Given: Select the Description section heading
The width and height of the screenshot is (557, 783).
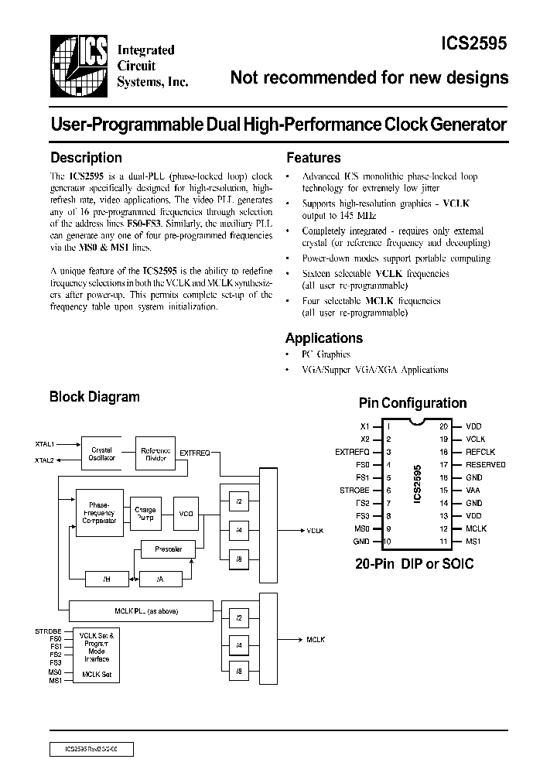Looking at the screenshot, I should pyautogui.click(x=86, y=158).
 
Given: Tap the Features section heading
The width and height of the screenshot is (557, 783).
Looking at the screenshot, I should pyautogui.click(x=313, y=158).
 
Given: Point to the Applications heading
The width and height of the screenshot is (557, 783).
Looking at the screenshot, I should pyautogui.click(x=323, y=338).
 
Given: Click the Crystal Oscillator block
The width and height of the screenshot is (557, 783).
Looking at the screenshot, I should pyautogui.click(x=102, y=454).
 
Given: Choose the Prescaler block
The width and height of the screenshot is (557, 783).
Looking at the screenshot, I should pyautogui.click(x=168, y=549).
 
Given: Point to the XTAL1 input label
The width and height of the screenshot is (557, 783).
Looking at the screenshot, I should pyautogui.click(x=44, y=444).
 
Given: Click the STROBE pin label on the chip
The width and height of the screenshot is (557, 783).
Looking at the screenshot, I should pyautogui.click(x=354, y=490).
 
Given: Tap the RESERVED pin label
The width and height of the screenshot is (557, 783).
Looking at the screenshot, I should pyautogui.click(x=486, y=464).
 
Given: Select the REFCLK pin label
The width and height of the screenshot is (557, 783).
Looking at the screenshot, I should pyautogui.click(x=480, y=452).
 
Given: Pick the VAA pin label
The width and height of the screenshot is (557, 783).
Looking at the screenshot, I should pyautogui.click(x=473, y=490).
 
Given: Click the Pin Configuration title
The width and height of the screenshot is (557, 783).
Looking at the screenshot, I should pyautogui.click(x=412, y=403).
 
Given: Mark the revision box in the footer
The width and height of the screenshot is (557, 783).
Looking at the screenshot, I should pyautogui.click(x=92, y=749).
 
